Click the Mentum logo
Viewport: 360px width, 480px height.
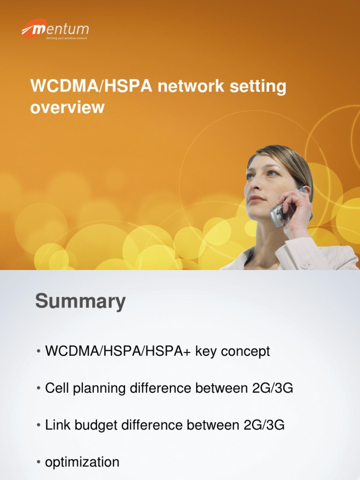tap(55, 30)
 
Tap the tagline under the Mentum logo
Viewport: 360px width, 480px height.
tap(67, 38)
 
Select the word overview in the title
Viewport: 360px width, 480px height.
tap(67, 107)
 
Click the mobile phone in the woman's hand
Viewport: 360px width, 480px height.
tap(280, 213)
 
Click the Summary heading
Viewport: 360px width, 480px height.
tap(80, 301)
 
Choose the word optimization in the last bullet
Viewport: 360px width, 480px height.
tap(82, 462)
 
